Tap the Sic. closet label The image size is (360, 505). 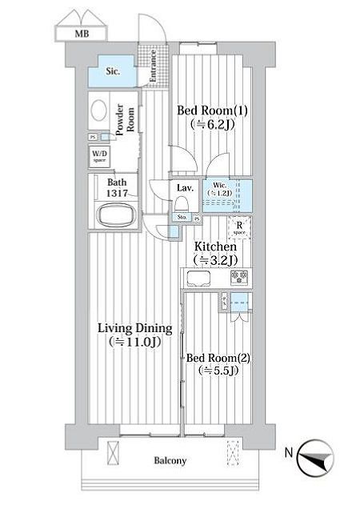click(x=113, y=72)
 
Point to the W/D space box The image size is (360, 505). click(x=99, y=156)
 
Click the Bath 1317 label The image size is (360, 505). click(x=117, y=186)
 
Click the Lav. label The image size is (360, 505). click(x=182, y=188)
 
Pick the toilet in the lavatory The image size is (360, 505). click(x=182, y=204)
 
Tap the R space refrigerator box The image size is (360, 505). click(x=239, y=227)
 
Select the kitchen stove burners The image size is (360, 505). click(x=240, y=277)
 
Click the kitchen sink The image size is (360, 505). click(x=198, y=278)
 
